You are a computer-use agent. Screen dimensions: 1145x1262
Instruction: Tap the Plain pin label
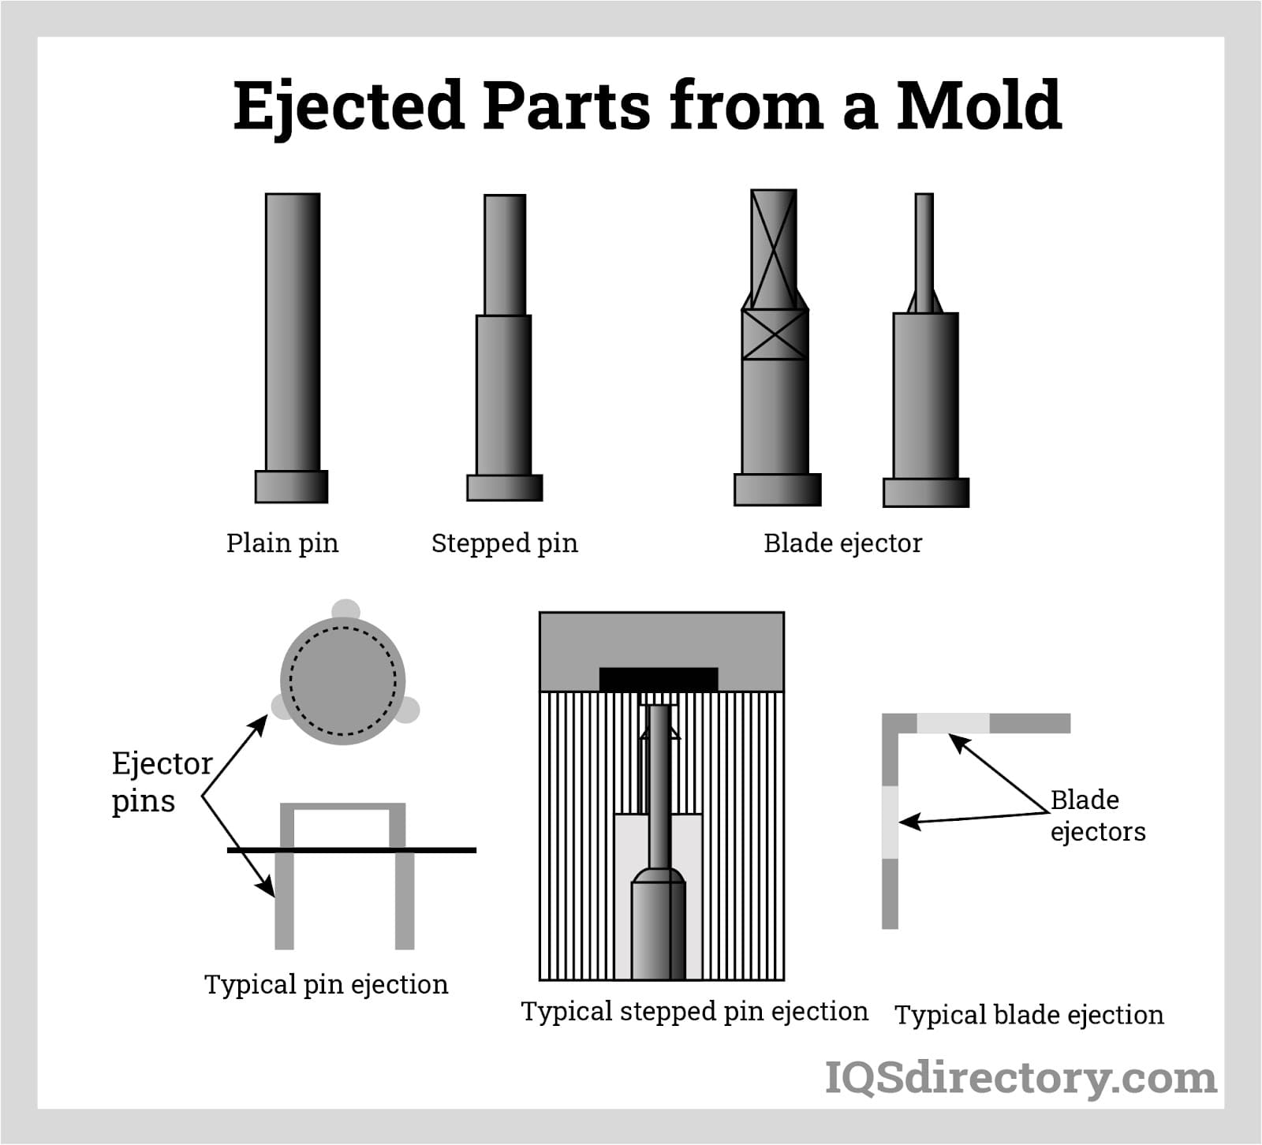tap(282, 543)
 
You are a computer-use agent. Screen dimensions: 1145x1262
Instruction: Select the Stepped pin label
tap(504, 543)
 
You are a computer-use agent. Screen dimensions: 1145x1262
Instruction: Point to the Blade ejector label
tap(842, 543)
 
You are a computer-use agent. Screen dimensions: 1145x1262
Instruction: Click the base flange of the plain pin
tap(291, 487)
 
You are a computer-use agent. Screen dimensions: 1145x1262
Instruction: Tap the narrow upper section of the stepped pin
tap(505, 255)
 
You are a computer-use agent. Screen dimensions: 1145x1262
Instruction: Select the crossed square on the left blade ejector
tap(775, 334)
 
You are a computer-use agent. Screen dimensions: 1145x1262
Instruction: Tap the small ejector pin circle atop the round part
tap(345, 610)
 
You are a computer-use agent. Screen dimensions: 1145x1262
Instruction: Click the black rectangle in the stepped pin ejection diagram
tap(659, 679)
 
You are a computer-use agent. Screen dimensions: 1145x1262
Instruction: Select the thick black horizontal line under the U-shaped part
tap(352, 850)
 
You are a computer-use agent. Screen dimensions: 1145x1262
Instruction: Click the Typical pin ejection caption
tap(326, 984)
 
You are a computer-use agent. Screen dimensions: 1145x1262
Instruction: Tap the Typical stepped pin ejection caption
tap(694, 1011)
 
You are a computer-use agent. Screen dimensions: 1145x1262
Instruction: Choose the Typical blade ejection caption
tap(1029, 1015)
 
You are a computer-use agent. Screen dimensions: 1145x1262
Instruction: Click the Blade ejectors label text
tap(1097, 815)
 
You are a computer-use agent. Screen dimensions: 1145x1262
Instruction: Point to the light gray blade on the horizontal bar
tap(953, 723)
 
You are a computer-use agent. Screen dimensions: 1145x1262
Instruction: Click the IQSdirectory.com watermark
tap(1021, 1078)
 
